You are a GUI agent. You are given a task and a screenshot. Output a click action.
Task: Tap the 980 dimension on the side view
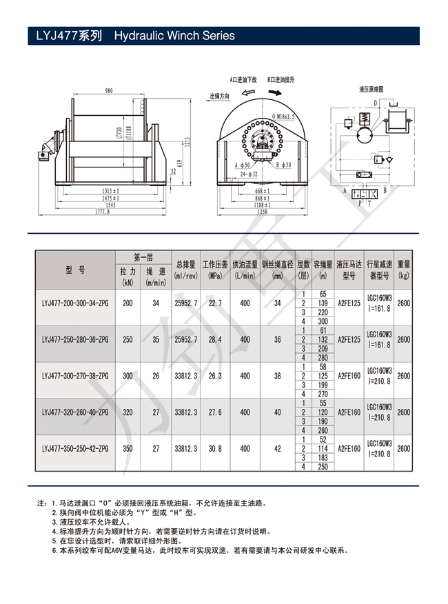tap(109, 91)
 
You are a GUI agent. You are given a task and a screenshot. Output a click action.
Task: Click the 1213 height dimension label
tap(186, 141)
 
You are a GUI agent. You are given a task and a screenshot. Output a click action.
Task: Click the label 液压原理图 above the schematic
tap(371, 89)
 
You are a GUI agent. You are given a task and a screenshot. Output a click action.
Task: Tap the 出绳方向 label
tap(219, 97)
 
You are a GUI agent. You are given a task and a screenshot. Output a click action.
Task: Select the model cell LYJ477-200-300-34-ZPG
tap(74, 303)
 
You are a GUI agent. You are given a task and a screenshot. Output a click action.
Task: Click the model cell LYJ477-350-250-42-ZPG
tap(74, 448)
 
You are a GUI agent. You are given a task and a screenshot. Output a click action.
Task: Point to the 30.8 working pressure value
tap(215, 448)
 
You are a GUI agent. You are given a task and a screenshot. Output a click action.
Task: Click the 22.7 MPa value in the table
tap(215, 303)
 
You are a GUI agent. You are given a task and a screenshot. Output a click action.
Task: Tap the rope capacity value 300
tap(323, 321)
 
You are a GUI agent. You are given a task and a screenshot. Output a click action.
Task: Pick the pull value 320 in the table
tap(128, 412)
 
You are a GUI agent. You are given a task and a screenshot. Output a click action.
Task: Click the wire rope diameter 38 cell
tap(277, 376)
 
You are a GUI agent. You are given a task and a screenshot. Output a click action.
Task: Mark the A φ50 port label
tap(243, 165)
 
